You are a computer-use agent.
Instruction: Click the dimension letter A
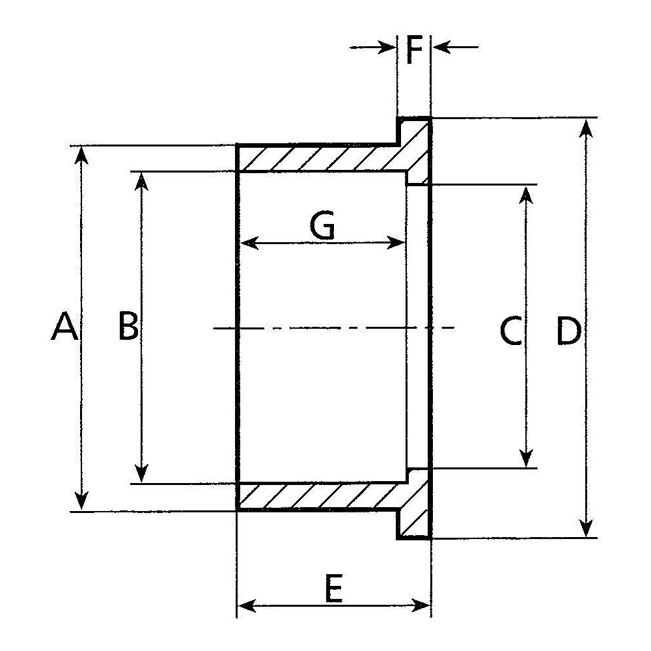[x=64, y=326]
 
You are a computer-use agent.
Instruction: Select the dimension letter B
[x=128, y=325]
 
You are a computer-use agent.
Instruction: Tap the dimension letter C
[x=510, y=331]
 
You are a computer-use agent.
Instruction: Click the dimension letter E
[x=333, y=588]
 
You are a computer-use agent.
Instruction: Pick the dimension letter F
[x=414, y=50]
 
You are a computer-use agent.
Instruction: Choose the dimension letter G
[x=322, y=225]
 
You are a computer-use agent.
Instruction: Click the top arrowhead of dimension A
[x=82, y=156]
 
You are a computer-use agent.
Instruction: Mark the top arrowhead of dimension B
[x=141, y=182]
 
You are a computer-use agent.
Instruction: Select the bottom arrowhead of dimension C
[x=526, y=458]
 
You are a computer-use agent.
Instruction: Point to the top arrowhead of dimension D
[x=586, y=129]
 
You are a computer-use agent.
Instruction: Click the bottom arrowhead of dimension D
[x=586, y=527]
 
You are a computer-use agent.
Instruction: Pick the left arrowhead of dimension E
[x=247, y=605]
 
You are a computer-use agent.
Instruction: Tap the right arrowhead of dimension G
[x=396, y=242]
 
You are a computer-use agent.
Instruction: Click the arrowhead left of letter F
[x=387, y=48]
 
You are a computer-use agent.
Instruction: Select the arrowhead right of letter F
[x=442, y=48]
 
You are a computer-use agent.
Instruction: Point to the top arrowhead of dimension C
[x=526, y=195]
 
